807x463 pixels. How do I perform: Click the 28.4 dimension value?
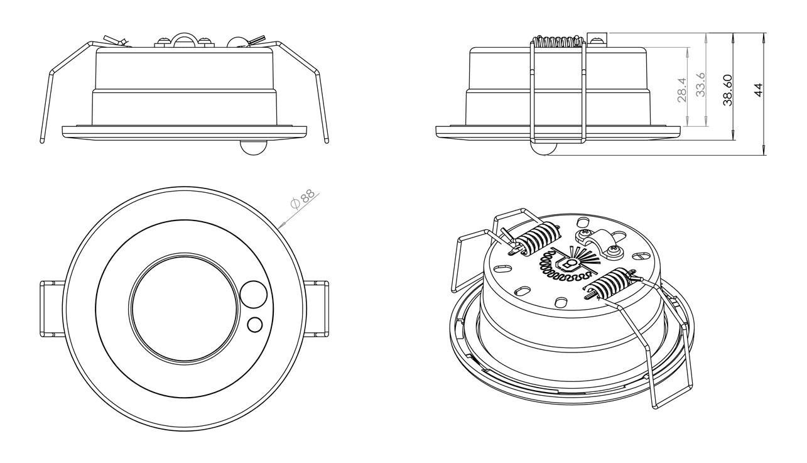[x=683, y=90]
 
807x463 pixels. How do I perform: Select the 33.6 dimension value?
[x=700, y=85]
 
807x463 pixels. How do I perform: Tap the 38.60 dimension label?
[x=728, y=90]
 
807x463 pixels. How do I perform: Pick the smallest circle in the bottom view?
[x=255, y=324]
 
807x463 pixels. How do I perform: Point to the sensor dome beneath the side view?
[x=544, y=149]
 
